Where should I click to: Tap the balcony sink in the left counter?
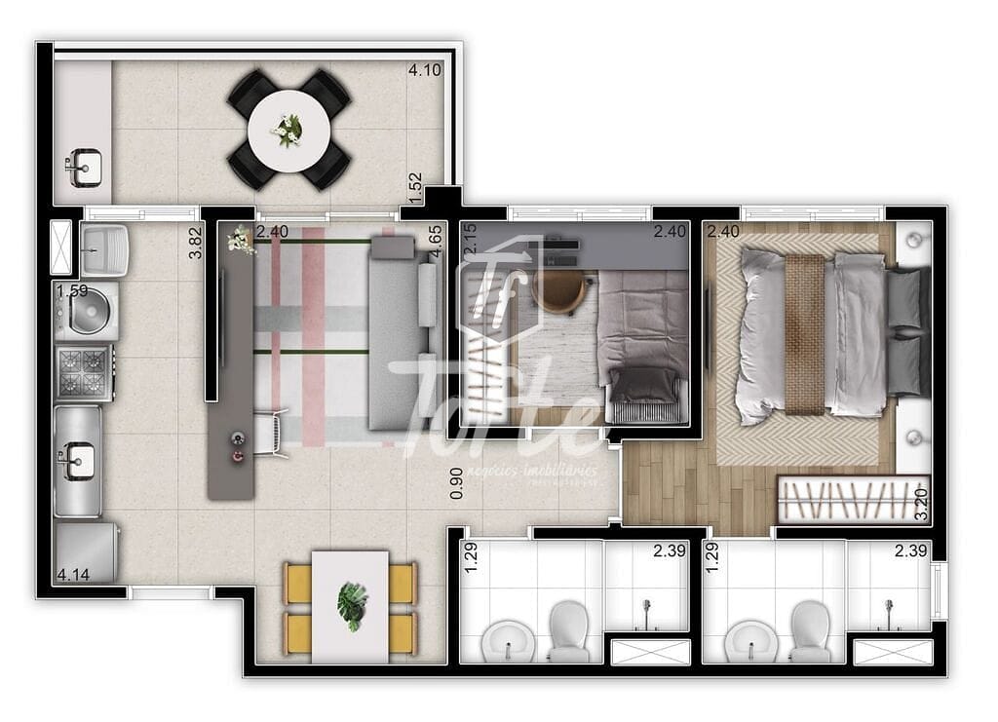(84, 168)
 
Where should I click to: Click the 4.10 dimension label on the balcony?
(425, 70)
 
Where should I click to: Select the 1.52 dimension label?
(415, 188)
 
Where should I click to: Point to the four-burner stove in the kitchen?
(84, 372)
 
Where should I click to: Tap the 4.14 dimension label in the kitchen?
(74, 575)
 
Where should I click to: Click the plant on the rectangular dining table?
(351, 606)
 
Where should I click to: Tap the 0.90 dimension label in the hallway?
(456, 482)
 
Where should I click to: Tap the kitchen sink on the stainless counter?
(78, 459)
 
